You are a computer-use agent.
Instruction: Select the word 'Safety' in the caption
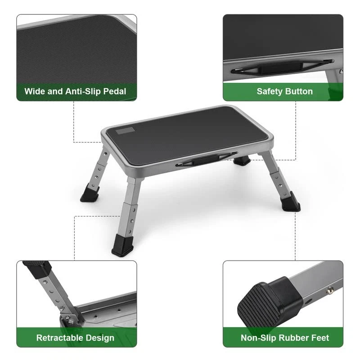270,91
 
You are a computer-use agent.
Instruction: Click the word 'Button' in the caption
299,91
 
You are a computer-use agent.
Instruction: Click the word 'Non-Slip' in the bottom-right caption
257,337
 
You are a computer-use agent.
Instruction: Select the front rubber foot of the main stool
122,245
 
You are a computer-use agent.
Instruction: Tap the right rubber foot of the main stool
290,203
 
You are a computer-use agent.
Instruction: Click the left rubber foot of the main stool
90,194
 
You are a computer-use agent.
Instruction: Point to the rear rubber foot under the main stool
242,160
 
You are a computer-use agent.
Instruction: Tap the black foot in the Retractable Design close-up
38,268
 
